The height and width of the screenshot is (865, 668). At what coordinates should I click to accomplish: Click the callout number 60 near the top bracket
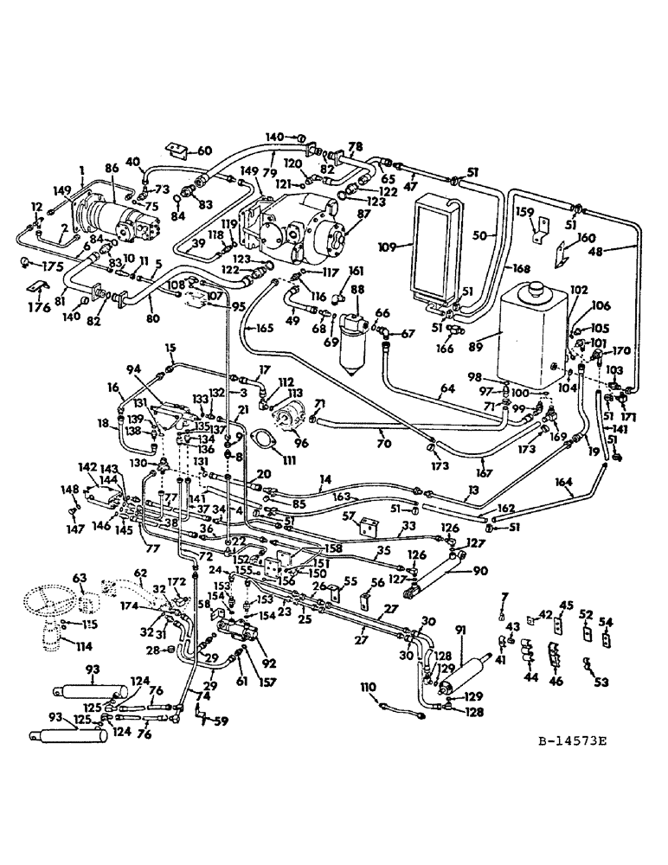204,151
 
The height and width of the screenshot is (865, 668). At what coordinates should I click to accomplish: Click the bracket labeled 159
538,226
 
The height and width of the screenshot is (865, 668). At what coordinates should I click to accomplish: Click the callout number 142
87,465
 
